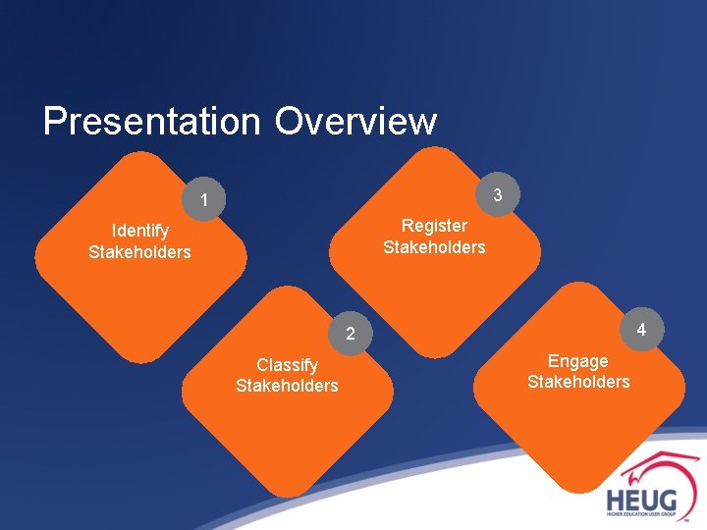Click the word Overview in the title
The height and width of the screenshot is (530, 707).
click(355, 122)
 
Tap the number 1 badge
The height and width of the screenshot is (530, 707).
click(203, 201)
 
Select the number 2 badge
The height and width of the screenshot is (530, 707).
click(350, 335)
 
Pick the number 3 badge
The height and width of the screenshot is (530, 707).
click(498, 195)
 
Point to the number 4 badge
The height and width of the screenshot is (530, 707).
click(640, 329)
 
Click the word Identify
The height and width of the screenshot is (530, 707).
click(139, 231)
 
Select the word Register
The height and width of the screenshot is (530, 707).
click(434, 226)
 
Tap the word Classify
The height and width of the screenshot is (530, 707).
click(287, 365)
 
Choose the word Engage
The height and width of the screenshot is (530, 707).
click(577, 361)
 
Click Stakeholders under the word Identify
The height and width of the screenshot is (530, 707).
click(139, 252)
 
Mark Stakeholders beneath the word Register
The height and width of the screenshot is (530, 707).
click(434, 247)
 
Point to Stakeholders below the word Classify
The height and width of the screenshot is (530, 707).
click(287, 386)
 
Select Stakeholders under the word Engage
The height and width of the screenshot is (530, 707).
click(578, 382)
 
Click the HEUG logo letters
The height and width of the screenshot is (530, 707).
click(640, 498)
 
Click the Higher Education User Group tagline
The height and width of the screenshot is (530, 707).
click(640, 514)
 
